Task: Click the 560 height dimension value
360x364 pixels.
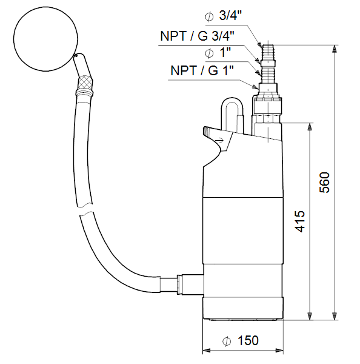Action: click(x=324, y=183)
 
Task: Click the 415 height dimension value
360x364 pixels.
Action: click(x=299, y=221)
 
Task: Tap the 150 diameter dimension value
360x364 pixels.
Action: click(x=248, y=340)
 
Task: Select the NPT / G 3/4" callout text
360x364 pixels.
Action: click(x=198, y=36)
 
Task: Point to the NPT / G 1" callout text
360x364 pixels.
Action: click(x=202, y=70)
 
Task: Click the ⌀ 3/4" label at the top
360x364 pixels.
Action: click(x=224, y=16)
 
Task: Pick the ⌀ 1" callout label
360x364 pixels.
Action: click(x=218, y=52)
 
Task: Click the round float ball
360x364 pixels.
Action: click(x=45, y=39)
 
